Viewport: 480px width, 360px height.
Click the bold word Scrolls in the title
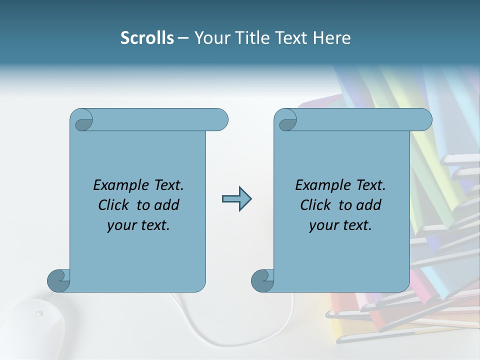point(147,38)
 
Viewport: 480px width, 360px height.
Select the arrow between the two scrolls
point(236,199)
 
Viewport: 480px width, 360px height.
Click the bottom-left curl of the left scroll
point(58,280)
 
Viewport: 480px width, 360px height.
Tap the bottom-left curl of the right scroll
point(262,280)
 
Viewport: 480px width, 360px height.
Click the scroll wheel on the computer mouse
point(39,314)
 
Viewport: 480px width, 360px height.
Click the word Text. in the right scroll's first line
point(370,185)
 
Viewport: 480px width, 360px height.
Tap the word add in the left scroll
point(166,205)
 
